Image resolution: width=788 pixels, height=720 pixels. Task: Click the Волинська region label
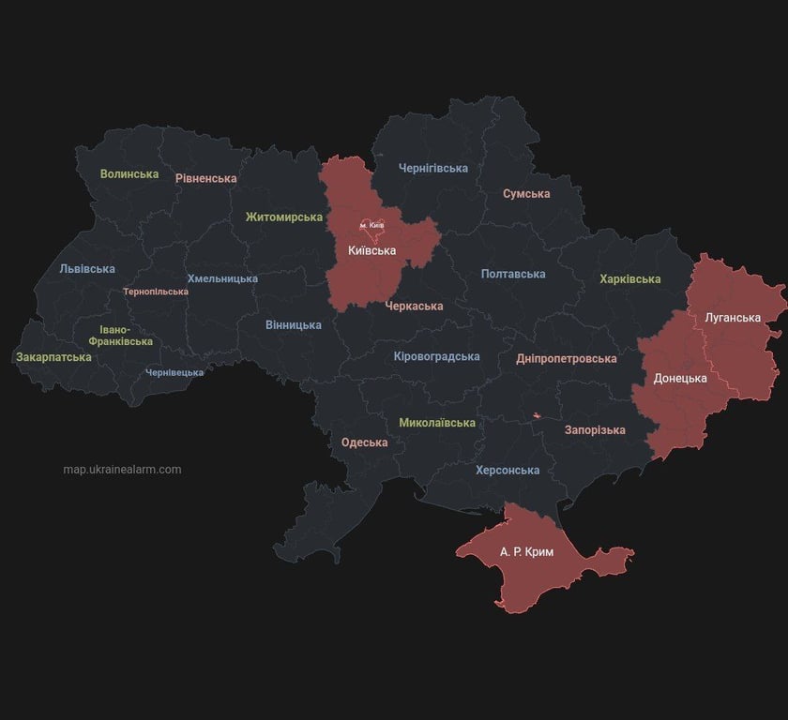click(x=129, y=174)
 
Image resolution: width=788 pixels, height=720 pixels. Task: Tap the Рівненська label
click(x=205, y=178)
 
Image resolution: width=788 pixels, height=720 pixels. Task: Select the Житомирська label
click(x=284, y=217)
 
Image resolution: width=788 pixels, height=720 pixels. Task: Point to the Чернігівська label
click(x=432, y=169)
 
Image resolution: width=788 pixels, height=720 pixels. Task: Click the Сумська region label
click(x=526, y=194)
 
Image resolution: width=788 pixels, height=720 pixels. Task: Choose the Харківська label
click(x=629, y=279)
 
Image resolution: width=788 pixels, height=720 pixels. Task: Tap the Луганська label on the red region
click(x=733, y=318)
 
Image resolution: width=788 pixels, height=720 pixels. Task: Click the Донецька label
click(x=680, y=379)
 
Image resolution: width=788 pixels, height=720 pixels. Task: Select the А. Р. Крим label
click(x=526, y=552)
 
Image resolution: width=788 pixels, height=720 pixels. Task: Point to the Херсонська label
click(x=508, y=471)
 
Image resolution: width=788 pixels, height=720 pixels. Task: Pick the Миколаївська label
click(x=437, y=423)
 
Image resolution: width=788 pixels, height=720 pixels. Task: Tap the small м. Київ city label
click(x=371, y=226)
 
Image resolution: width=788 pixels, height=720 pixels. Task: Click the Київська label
click(x=371, y=251)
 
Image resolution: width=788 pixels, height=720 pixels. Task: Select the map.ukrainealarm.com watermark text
click(x=122, y=470)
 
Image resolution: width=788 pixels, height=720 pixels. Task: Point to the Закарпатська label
click(x=53, y=357)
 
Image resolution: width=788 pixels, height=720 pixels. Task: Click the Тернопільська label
click(x=155, y=292)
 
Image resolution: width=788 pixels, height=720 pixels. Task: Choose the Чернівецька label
click(x=174, y=373)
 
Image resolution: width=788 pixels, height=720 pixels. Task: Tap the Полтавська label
click(x=513, y=275)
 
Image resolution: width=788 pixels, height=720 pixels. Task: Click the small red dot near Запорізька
click(x=538, y=415)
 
